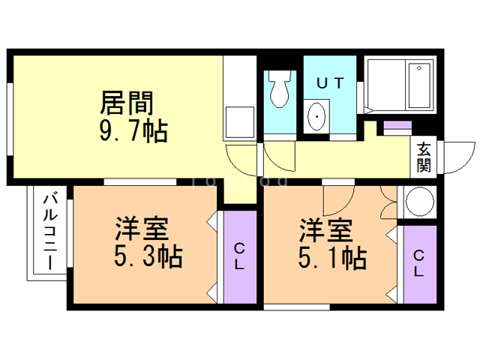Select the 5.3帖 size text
point(148,257)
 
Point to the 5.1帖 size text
point(333,257)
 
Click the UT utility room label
point(330,84)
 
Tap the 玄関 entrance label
point(424,156)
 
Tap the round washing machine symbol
point(418,202)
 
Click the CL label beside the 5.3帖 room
point(238,256)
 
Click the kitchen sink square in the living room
point(241,121)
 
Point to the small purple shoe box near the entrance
point(397,125)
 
